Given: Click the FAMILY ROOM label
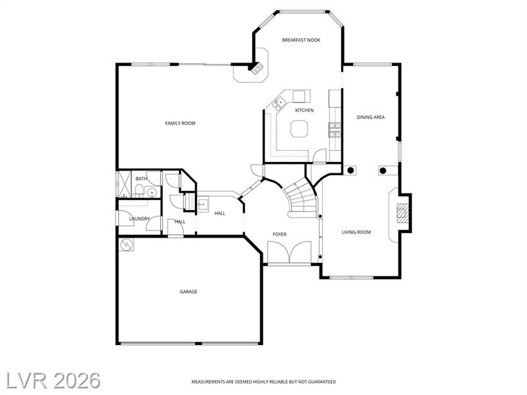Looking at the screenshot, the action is click(x=180, y=123).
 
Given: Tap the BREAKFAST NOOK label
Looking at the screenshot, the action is click(x=301, y=40).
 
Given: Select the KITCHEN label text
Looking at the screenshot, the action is click(x=304, y=110).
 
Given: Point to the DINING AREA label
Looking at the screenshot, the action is click(x=371, y=117).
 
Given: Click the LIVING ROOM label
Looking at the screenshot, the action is click(x=356, y=232).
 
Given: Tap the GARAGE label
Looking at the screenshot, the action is click(x=188, y=292).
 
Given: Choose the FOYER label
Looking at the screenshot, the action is click(x=279, y=234).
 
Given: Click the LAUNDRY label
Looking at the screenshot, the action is click(x=140, y=219).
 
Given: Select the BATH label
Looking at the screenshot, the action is click(x=141, y=178).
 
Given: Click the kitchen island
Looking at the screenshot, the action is click(x=299, y=129).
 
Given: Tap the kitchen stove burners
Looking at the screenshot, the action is click(x=335, y=130).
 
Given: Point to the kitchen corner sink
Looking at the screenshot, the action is click(x=278, y=103).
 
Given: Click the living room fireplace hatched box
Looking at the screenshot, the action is click(x=402, y=213).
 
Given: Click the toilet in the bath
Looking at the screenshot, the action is click(x=138, y=192).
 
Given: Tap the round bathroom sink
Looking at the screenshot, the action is click(x=152, y=192).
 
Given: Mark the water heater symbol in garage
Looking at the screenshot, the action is click(x=126, y=245).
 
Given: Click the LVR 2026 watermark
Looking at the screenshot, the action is click(x=53, y=381).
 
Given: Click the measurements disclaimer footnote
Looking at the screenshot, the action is click(x=263, y=382).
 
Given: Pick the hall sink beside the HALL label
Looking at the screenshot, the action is click(x=202, y=205).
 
